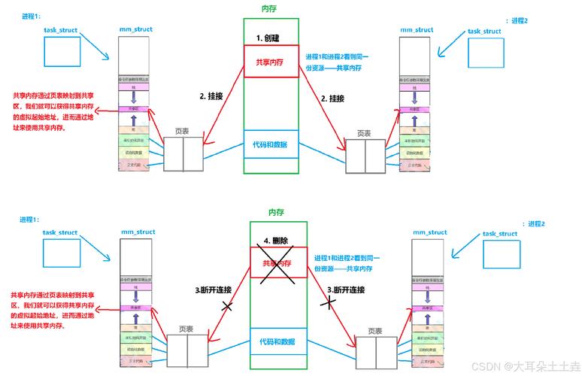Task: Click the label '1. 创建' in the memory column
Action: (269, 37)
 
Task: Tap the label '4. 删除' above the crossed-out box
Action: (275, 241)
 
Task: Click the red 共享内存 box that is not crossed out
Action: (271, 61)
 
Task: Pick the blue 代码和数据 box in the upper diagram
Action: (271, 144)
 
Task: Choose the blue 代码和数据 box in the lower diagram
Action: (278, 341)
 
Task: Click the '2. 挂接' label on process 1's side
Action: (211, 96)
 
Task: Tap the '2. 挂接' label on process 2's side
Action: (332, 99)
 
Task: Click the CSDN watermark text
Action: (523, 365)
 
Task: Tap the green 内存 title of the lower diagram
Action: (277, 213)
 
